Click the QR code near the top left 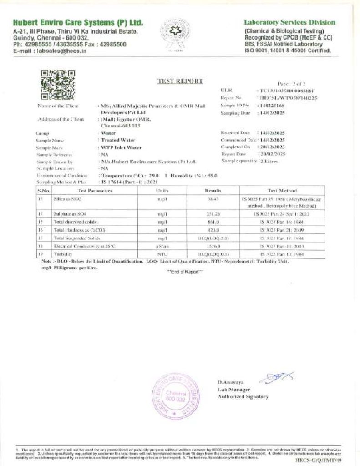[x=57, y=85]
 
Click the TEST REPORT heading [x=180, y=81]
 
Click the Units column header [x=162, y=191]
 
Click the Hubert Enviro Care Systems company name [x=78, y=23]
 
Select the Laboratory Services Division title [x=289, y=22]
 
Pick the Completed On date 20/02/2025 [x=272, y=147]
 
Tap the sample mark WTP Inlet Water [x=121, y=148]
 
